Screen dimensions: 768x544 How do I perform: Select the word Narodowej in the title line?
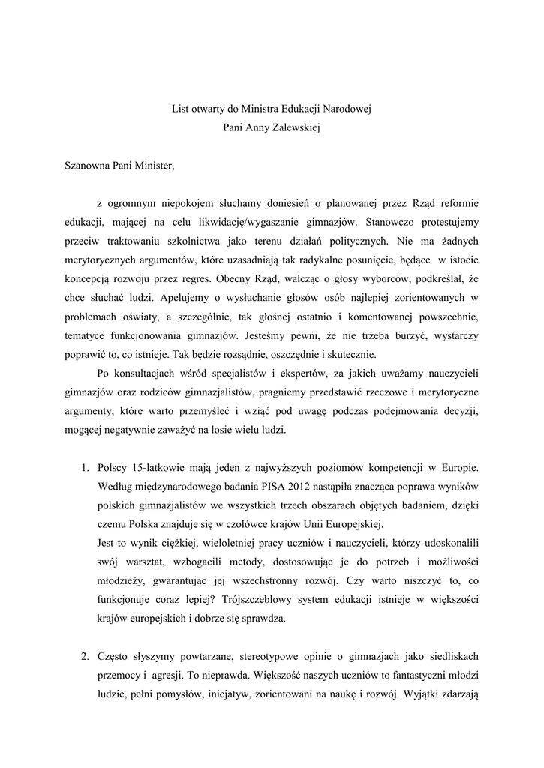[x=350, y=109]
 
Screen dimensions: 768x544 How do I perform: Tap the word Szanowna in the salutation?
[x=89, y=166]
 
